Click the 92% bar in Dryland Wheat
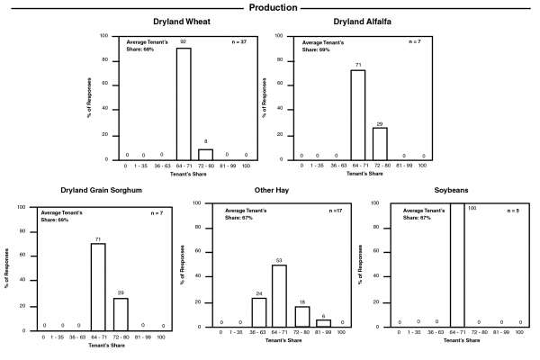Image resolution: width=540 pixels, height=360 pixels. (183, 103)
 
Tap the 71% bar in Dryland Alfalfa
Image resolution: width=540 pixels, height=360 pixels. (357, 114)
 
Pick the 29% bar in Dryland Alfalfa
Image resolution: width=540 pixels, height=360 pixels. (379, 141)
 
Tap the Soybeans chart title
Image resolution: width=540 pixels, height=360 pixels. (459, 191)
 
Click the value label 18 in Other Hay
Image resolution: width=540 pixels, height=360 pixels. (301, 302)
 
